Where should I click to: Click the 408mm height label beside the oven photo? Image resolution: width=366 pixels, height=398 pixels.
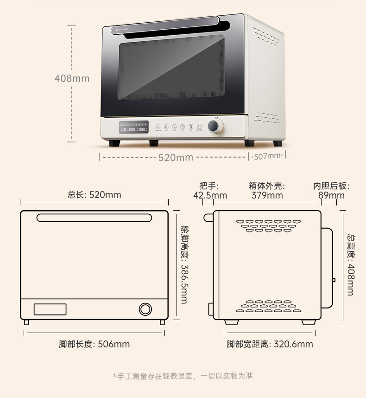[72, 78]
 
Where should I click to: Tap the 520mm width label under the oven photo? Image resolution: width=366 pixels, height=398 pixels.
[176, 158]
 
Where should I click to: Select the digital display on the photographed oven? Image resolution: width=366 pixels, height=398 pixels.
[134, 127]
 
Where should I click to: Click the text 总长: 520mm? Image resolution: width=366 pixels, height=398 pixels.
[95, 195]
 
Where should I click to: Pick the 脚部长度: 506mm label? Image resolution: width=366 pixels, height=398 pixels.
[95, 344]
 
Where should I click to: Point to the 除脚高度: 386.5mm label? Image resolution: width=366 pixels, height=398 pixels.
[184, 264]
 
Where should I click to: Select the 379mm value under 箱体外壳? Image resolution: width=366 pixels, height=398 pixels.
[267, 195]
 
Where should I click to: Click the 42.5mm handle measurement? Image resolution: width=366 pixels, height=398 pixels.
[210, 195]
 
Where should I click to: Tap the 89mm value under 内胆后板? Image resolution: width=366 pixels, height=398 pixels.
[331, 195]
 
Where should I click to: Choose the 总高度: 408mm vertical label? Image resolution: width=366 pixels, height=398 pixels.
[351, 264]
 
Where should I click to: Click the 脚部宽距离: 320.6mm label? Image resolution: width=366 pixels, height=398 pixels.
[270, 344]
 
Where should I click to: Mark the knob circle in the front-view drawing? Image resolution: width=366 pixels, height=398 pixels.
[145, 309]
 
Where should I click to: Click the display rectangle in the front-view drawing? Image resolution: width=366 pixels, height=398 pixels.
[50, 309]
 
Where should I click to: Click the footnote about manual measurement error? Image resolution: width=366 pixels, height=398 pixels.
[183, 376]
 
